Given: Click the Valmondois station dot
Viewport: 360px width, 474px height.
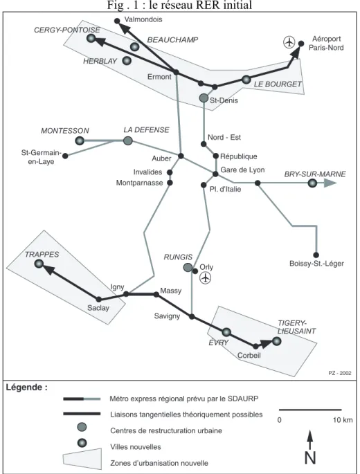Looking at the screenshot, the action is coord(117,21).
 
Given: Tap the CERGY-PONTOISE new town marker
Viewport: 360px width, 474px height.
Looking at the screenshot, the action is coord(91,38).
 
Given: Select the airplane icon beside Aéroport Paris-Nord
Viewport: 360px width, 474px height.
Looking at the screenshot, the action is coord(289,42).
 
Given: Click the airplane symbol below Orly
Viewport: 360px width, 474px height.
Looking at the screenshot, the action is coord(206,277).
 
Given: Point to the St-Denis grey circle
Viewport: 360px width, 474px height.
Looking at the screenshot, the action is coord(204,98).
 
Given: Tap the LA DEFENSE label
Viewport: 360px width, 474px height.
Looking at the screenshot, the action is coord(146,130).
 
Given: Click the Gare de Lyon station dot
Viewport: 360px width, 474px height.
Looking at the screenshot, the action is coord(215,174).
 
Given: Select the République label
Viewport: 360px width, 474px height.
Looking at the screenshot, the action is coord(239,156).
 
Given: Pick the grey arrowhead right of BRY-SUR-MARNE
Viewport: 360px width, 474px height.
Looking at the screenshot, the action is coord(330,183).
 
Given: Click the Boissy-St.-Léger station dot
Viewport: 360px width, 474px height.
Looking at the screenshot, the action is coord(316,255).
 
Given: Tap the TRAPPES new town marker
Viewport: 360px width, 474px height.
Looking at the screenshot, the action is coord(39,264).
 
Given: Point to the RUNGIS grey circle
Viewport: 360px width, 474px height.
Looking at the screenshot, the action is coord(188,267).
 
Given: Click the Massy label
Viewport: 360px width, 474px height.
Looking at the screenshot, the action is coord(170,291).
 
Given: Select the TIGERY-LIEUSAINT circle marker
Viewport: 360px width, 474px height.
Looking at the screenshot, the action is coord(276,341).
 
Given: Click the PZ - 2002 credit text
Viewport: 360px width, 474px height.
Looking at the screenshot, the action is coord(340,373).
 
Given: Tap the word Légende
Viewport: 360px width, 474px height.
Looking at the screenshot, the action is coord(24,388).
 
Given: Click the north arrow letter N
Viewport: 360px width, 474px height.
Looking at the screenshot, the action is coord(310,457).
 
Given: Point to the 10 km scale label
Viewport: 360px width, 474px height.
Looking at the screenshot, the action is coord(343,420).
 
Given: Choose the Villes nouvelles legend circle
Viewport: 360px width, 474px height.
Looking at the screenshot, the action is coord(82,443).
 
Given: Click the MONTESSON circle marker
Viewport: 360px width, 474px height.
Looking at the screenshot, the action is coord(80,140).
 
